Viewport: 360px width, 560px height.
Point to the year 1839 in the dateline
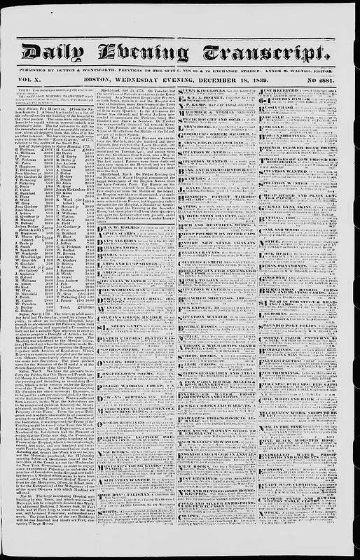tap(244, 80)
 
